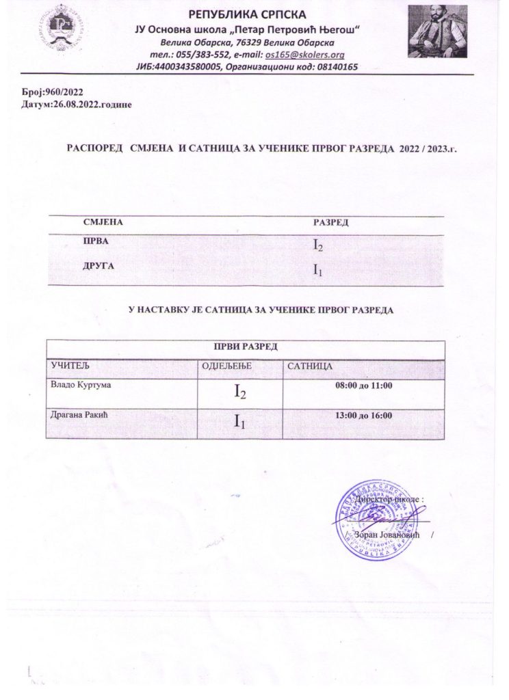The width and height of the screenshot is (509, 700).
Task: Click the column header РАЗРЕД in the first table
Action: coord(331,223)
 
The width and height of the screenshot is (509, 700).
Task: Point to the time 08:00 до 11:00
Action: coord(363,387)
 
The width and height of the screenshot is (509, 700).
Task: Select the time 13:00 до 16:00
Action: coord(363,416)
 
